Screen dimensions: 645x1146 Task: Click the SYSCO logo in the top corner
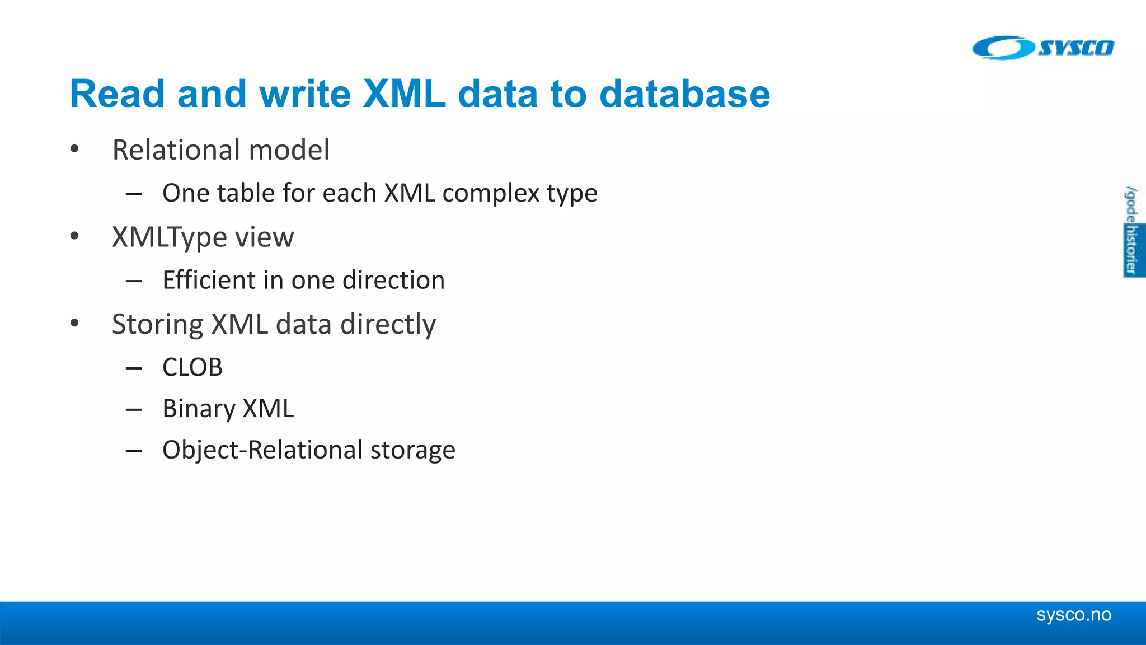(1043, 48)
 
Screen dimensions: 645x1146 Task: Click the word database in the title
(684, 94)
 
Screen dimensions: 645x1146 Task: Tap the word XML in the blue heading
(404, 94)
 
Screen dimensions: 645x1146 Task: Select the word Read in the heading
(117, 94)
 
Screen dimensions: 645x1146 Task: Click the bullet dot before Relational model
(74, 149)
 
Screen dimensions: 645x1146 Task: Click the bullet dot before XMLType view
(74, 236)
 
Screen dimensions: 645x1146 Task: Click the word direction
(393, 280)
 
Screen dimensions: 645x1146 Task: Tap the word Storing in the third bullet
(157, 325)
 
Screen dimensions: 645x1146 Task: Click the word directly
(388, 325)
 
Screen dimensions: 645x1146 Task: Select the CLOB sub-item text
(192, 368)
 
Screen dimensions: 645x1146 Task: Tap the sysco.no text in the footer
(1073, 615)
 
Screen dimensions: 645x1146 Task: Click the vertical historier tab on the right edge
(1133, 250)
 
